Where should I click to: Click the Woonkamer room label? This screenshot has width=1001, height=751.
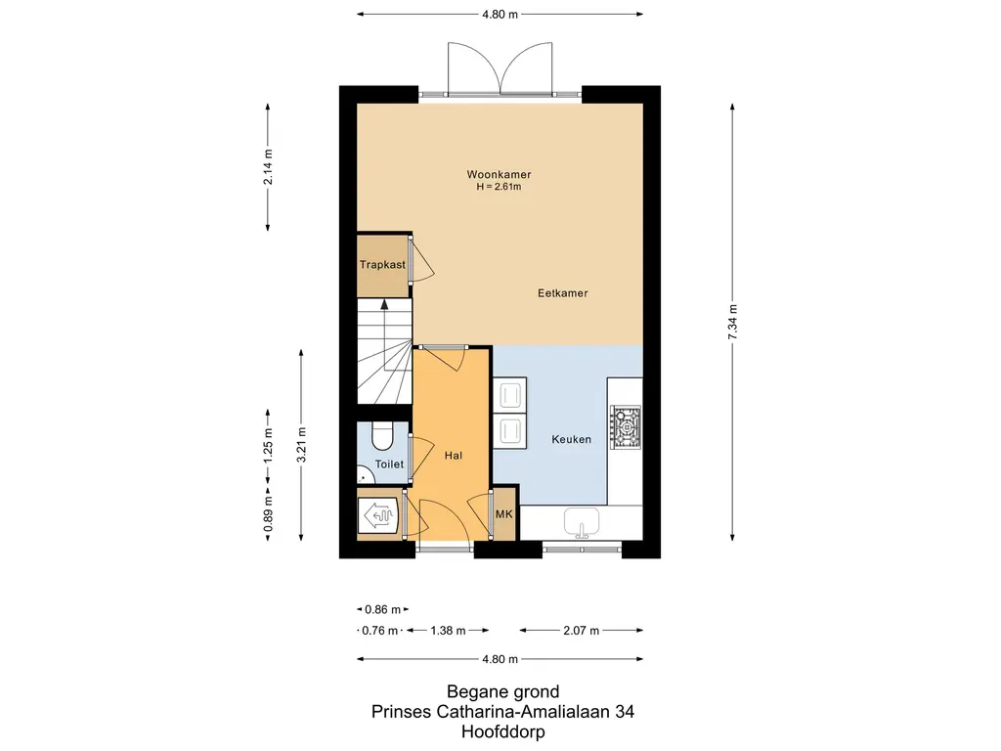(499, 174)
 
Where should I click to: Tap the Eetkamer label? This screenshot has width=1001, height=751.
(562, 293)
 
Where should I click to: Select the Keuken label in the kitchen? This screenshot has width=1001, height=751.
(571, 439)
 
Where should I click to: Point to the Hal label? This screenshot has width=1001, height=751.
(454, 456)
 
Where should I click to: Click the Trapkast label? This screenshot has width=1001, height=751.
(382, 264)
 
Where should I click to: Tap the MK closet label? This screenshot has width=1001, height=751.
(504, 514)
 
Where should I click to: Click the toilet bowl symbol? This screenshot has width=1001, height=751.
(382, 436)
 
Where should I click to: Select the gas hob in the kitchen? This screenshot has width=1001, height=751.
(626, 426)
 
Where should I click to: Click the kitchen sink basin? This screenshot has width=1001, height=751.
(582, 520)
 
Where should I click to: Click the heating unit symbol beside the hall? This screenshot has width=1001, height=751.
(379, 514)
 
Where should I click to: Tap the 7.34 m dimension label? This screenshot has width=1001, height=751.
(733, 322)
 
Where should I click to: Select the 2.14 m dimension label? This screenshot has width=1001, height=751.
(268, 166)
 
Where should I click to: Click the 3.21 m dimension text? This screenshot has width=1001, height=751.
(302, 445)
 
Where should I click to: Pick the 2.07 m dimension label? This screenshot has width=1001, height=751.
(581, 631)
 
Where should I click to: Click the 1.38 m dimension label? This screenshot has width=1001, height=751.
(448, 631)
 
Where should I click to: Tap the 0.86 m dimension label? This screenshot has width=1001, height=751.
(383, 610)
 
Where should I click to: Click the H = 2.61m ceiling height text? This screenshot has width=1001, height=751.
(499, 187)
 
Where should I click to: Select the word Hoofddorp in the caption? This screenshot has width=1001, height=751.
(503, 731)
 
